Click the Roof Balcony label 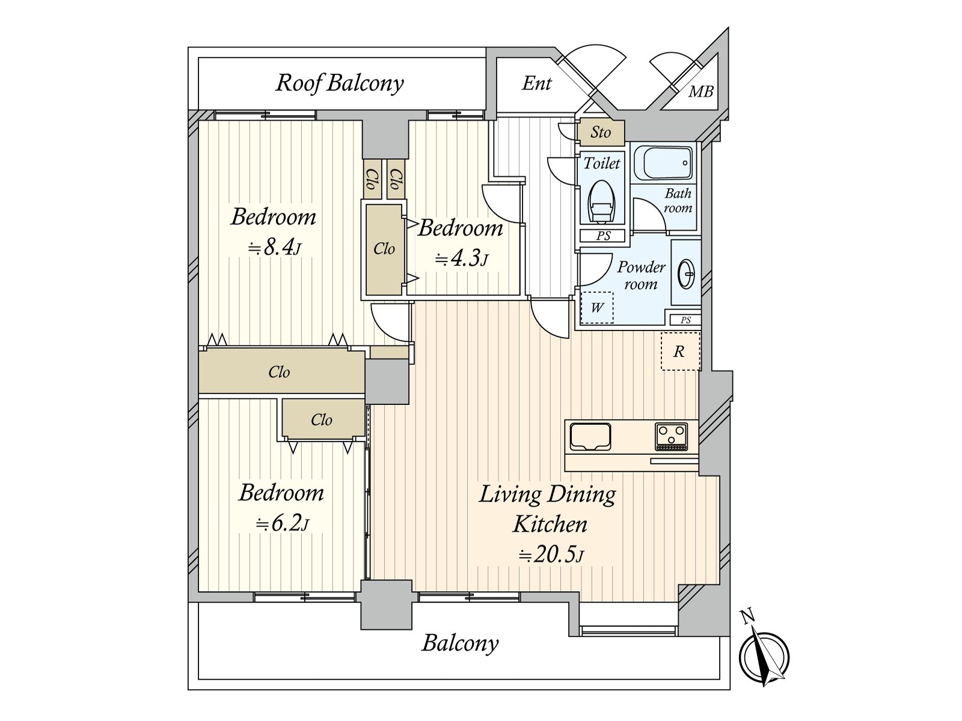click(340, 83)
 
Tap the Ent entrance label click(536, 83)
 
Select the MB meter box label click(701, 91)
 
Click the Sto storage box click(601, 133)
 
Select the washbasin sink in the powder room click(686, 274)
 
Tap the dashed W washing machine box click(597, 308)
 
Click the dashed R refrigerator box click(680, 351)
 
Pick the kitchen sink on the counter click(590, 436)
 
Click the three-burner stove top click(671, 436)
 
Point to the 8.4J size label click(275, 248)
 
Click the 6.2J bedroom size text click(283, 523)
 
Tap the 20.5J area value click(551, 555)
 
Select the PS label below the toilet click(603, 236)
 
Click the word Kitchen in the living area click(550, 524)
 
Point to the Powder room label click(641, 275)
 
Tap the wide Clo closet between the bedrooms click(281, 373)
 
